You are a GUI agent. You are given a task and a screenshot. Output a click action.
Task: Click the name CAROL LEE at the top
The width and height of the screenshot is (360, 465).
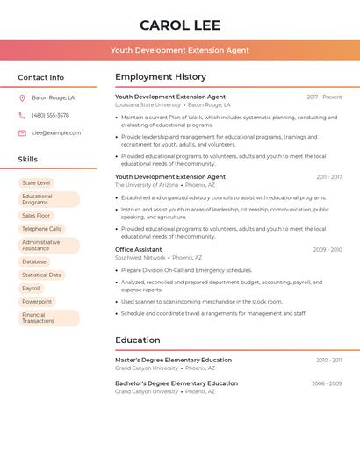(x=180, y=25)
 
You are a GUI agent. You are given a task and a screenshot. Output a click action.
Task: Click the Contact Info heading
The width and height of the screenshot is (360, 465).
(x=41, y=77)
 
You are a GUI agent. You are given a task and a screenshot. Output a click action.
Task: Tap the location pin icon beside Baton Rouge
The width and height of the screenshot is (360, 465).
(x=22, y=98)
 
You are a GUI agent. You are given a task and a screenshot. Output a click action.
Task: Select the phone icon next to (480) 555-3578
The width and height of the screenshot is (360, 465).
(x=22, y=116)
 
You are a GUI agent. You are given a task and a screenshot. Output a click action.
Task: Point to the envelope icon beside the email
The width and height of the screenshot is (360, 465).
(x=22, y=133)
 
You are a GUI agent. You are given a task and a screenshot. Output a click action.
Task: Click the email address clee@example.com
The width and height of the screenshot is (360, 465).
(x=56, y=133)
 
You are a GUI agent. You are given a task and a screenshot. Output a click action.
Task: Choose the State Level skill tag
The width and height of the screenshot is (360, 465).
(x=36, y=183)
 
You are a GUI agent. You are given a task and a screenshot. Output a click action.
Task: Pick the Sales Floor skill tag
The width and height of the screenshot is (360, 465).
(x=36, y=216)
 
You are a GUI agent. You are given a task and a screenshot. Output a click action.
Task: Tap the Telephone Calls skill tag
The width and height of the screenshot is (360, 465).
(x=41, y=229)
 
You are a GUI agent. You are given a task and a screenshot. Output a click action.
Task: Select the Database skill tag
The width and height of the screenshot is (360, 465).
(x=34, y=261)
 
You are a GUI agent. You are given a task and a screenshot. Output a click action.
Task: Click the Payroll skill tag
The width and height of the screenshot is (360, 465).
(x=31, y=288)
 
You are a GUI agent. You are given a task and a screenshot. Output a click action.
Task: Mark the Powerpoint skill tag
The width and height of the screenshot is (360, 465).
(x=37, y=301)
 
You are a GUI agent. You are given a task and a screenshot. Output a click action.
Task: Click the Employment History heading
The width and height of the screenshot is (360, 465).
(x=161, y=77)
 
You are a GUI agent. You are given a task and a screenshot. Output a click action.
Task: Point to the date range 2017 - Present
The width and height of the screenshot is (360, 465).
(x=324, y=97)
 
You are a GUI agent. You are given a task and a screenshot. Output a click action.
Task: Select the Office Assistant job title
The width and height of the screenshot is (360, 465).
(x=139, y=249)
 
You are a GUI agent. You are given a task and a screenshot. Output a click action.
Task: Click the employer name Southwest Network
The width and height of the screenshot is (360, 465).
(x=140, y=258)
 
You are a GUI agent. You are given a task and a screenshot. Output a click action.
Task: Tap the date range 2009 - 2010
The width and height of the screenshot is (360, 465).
(x=328, y=250)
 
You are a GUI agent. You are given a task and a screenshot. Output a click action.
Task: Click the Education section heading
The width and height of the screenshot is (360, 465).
(x=138, y=340)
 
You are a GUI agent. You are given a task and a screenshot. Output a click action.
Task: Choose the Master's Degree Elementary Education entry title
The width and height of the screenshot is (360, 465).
(x=173, y=360)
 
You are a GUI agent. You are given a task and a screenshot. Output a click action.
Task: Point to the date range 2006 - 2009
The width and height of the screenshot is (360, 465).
(x=327, y=383)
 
